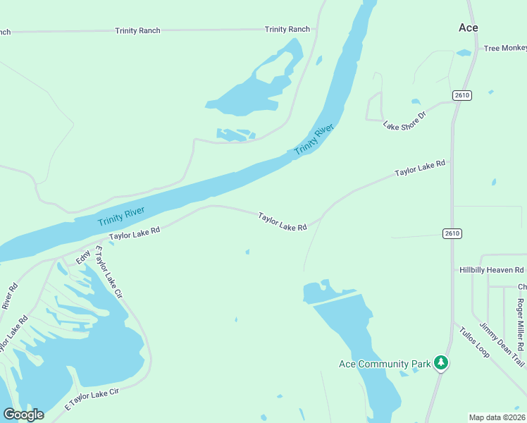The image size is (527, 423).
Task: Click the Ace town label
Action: pos(469,27)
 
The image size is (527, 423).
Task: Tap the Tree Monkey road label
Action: pos(504,48)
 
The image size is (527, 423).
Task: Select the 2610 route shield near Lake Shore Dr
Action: pos(462,95)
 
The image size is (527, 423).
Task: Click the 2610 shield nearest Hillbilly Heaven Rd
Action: pos(452,233)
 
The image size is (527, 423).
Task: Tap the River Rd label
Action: pos(9,296)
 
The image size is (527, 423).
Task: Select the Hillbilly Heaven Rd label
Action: pos(491,270)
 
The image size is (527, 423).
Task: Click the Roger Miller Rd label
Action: pos(520,324)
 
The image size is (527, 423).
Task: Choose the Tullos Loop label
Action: pos(473,342)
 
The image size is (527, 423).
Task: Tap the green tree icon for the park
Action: pos(441,363)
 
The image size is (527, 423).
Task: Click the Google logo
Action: pos(23,415)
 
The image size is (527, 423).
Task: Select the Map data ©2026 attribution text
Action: pos(497,417)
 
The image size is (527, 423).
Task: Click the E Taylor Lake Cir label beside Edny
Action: pos(109,272)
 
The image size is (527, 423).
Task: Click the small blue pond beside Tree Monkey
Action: pos(464,53)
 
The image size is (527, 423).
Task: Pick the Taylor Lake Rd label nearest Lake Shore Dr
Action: pos(420,168)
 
